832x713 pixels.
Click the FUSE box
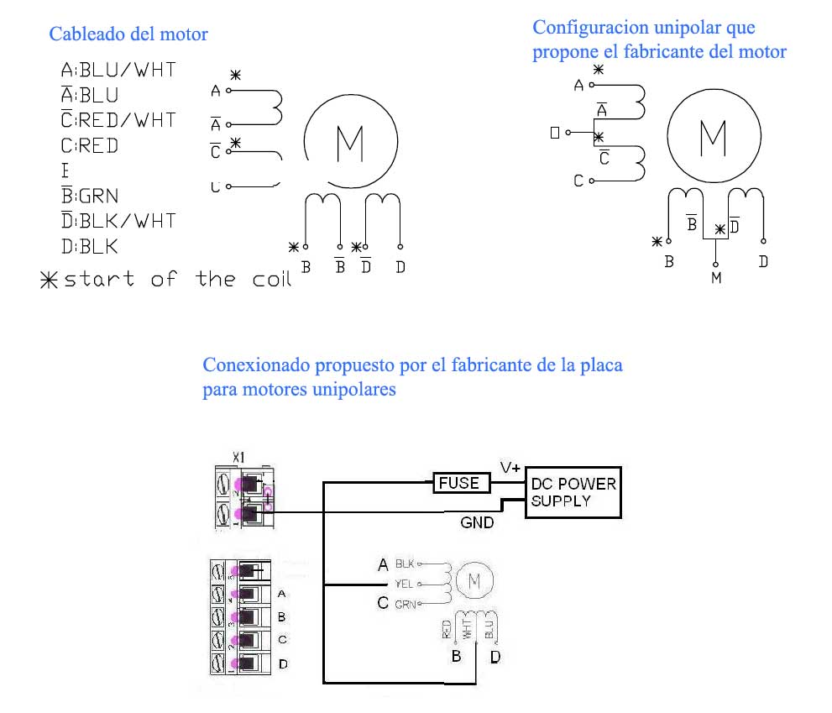pyautogui.click(x=458, y=483)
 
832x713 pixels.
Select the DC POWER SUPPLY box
pyautogui.click(x=573, y=492)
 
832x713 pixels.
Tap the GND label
pyautogui.click(x=477, y=522)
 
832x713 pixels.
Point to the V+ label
pyautogui.click(x=510, y=467)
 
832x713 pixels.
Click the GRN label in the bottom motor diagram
pyautogui.click(x=406, y=603)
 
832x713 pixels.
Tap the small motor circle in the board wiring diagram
pyautogui.click(x=473, y=580)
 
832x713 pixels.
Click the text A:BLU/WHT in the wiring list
pyautogui.click(x=118, y=70)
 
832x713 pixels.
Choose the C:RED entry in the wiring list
pyautogui.click(x=90, y=145)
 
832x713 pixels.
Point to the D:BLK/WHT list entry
pyautogui.click(x=118, y=221)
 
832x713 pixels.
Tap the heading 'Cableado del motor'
pyautogui.click(x=128, y=34)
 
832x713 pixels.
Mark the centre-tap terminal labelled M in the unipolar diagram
pyautogui.click(x=716, y=277)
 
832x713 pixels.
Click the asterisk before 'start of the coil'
pyautogui.click(x=49, y=280)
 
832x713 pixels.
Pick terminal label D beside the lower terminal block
pyautogui.click(x=283, y=664)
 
